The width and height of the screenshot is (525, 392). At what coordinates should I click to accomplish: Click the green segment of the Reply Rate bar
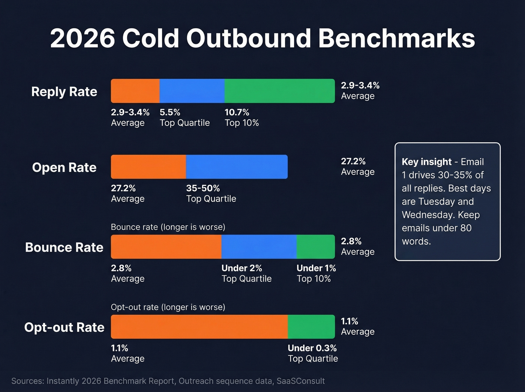[279, 91]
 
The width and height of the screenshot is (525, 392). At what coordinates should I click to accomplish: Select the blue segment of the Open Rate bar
[237, 167]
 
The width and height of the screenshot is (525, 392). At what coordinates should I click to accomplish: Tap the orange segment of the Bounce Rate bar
[166, 247]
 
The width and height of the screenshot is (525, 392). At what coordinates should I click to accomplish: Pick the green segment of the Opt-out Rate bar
[311, 327]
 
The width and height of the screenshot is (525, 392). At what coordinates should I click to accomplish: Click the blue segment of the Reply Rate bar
[192, 91]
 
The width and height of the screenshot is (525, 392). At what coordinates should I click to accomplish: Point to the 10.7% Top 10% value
[237, 113]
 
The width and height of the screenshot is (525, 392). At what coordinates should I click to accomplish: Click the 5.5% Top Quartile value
[170, 113]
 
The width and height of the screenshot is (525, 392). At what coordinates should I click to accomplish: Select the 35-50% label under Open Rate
[203, 188]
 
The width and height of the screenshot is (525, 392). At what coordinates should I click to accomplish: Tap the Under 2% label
[241, 268]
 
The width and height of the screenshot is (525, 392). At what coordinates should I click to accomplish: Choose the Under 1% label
[316, 268]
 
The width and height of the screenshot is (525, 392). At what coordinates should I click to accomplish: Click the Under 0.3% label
[312, 348]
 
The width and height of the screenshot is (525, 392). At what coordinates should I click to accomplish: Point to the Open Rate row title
[64, 167]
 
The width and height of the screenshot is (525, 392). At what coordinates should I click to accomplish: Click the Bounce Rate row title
[64, 248]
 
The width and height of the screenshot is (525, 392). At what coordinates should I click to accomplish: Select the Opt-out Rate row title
[64, 327]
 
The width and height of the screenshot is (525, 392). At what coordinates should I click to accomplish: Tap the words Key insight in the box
[426, 162]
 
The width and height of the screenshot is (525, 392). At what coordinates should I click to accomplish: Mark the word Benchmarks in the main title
[396, 38]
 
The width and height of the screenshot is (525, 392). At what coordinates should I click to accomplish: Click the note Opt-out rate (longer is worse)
[168, 307]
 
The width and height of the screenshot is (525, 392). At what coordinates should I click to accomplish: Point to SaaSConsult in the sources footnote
[301, 381]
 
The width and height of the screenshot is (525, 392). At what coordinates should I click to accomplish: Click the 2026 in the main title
[82, 38]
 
